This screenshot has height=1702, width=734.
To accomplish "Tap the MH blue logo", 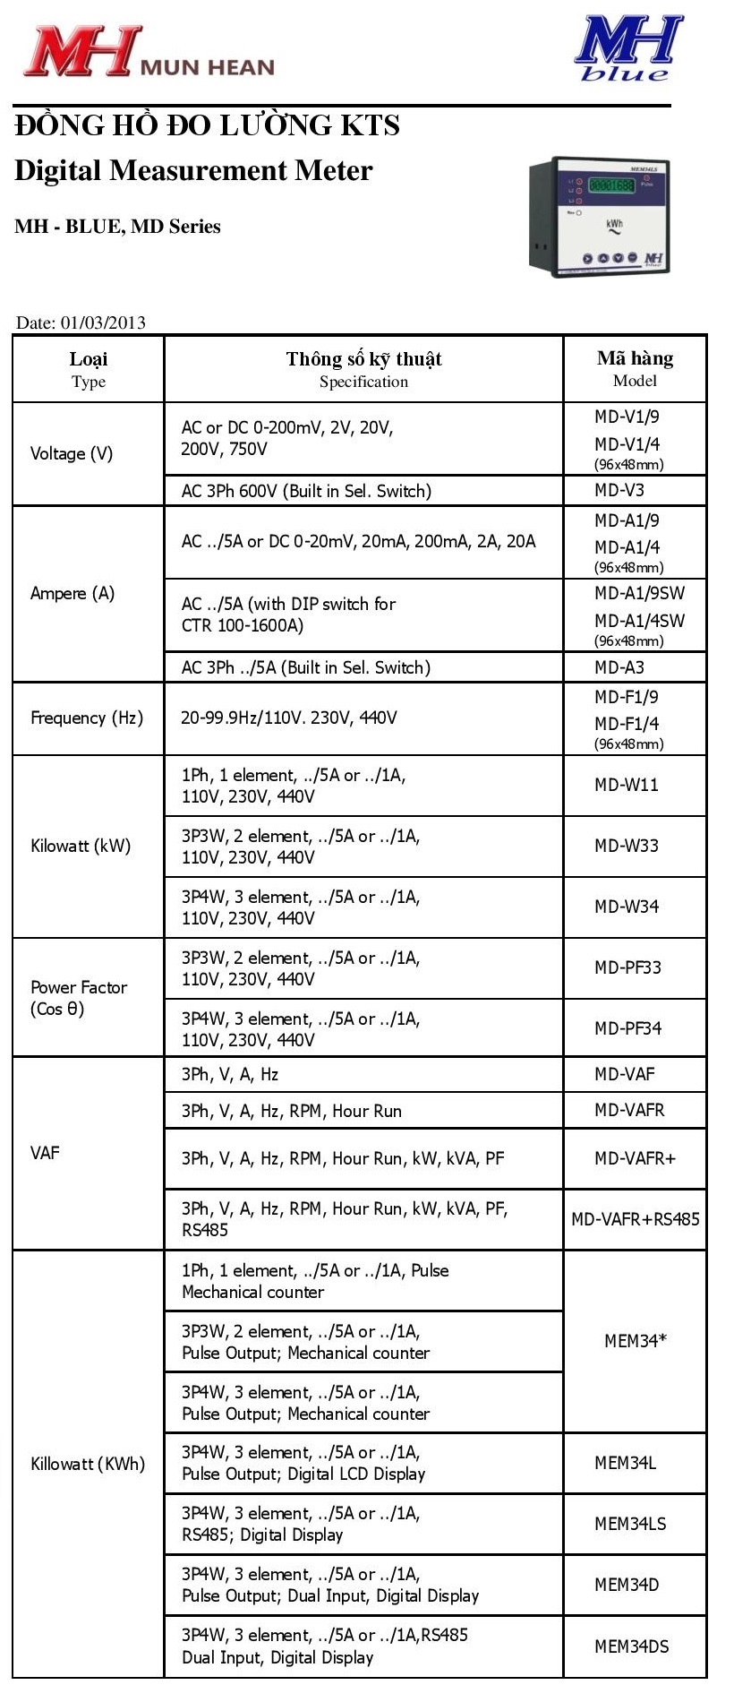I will (x=627, y=49).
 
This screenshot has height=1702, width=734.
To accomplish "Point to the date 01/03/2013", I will (x=81, y=322).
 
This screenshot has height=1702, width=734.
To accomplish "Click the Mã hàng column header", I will (x=635, y=368).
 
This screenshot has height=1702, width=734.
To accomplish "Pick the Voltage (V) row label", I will (x=72, y=453).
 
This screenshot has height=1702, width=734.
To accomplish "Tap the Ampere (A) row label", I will (x=73, y=593).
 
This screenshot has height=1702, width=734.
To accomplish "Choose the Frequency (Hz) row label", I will (x=87, y=718).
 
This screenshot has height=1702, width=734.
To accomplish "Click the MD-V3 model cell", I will (x=619, y=490).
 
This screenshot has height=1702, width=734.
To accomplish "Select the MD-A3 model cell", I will (x=619, y=667).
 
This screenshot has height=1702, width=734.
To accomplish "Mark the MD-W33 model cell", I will (x=627, y=846).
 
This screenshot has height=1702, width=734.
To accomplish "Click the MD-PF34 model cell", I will (x=627, y=1028).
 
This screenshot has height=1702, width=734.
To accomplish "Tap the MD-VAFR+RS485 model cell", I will (x=636, y=1219).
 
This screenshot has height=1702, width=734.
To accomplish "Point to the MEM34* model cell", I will (x=636, y=1341).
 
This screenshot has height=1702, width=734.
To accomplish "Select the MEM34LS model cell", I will (x=630, y=1524).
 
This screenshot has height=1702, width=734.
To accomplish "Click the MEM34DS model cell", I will (x=632, y=1646).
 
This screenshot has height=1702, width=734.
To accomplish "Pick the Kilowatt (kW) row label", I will (x=81, y=846).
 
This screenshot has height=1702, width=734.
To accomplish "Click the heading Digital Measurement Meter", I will (x=193, y=170).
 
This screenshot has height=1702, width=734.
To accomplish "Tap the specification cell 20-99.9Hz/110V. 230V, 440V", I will (x=289, y=718).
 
